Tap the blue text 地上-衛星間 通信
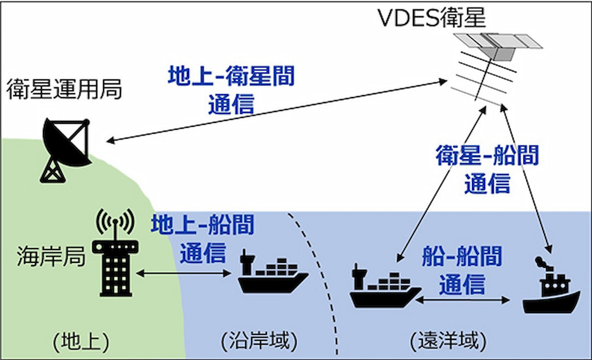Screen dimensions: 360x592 (231, 91)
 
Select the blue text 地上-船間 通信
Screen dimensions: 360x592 (202, 239)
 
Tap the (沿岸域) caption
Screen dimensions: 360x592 (259, 341)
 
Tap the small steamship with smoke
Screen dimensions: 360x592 (551, 288)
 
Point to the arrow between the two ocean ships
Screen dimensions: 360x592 (462, 299)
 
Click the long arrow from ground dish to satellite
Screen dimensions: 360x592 (276, 111)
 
